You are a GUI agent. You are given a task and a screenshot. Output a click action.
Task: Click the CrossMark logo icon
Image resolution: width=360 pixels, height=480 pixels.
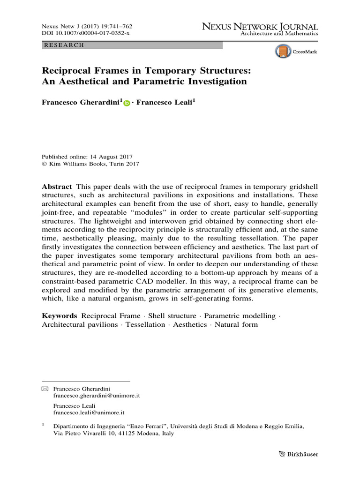coord(283,51)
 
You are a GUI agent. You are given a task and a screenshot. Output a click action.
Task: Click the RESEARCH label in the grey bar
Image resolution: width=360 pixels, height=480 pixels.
coord(63,45)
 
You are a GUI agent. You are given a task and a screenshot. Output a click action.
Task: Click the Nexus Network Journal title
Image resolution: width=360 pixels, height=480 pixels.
coord(260,27)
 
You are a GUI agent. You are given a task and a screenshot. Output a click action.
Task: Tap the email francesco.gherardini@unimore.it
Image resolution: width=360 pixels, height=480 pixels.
coord(97,396)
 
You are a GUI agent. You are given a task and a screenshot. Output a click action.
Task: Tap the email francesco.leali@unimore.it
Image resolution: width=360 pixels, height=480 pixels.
coord(89,413)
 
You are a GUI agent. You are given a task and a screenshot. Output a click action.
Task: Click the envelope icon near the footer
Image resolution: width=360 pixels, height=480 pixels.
coord(45,389)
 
